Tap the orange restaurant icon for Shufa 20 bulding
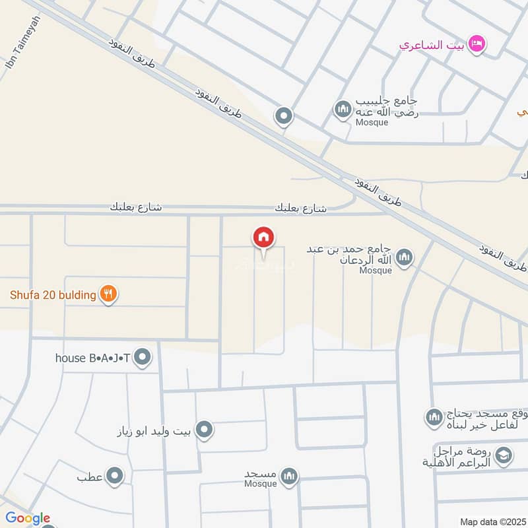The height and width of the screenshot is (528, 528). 109,294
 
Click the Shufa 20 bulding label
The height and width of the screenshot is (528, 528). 53,295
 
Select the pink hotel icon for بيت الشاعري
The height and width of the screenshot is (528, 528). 477,44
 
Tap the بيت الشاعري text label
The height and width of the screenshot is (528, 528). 432,45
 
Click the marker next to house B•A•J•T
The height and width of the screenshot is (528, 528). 143,358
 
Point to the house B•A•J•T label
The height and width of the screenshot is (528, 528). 92,358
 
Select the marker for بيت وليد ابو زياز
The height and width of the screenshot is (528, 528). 205,431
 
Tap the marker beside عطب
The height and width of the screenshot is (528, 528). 115,475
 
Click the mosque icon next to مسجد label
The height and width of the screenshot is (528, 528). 288,475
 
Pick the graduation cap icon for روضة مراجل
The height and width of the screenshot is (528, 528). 503,455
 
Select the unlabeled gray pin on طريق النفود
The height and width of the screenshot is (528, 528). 284,117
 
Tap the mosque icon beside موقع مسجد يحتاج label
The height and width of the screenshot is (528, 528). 434,417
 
